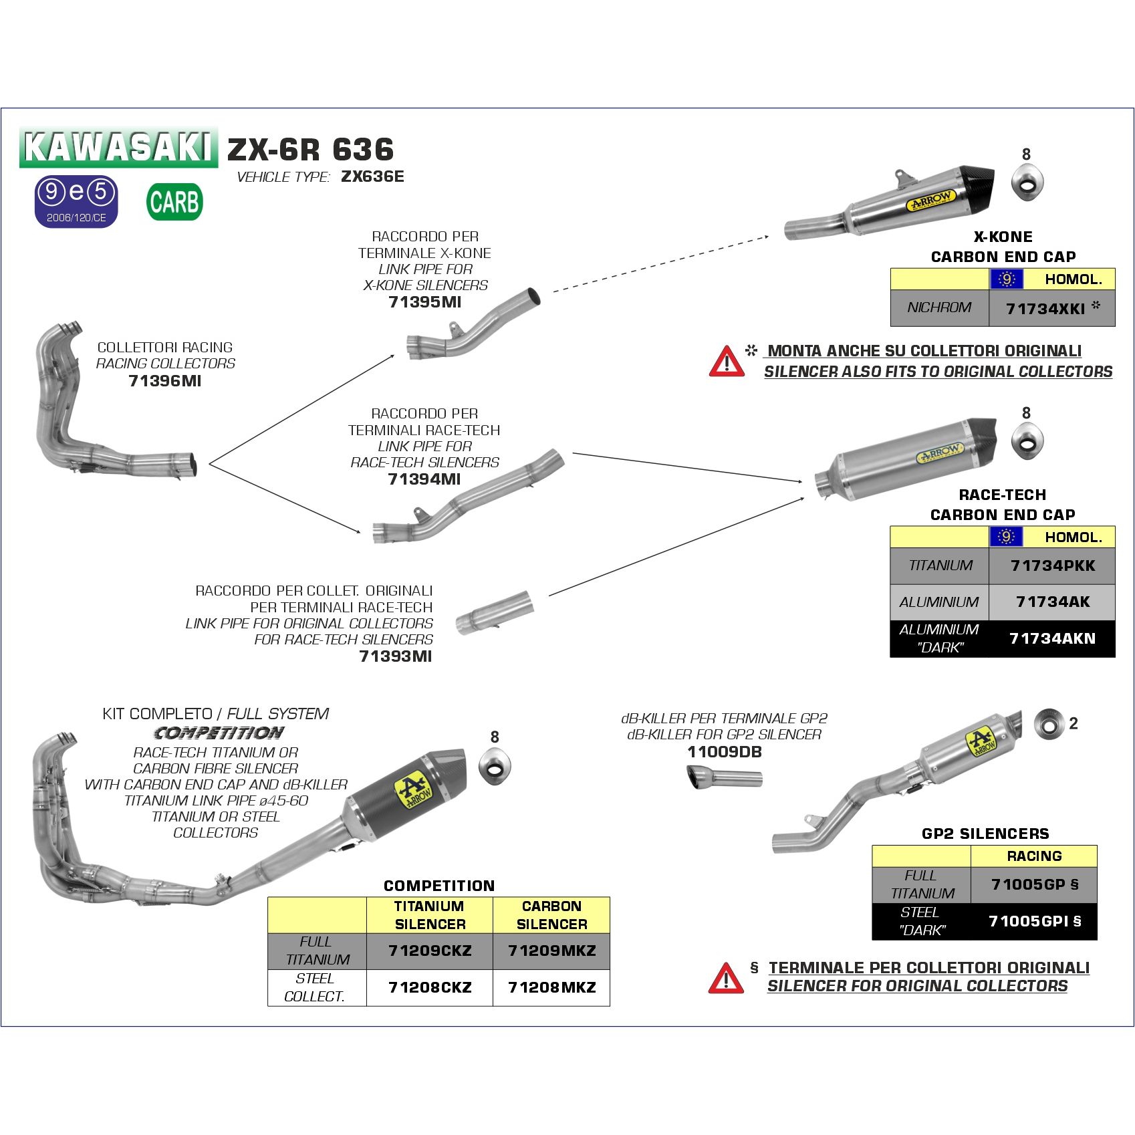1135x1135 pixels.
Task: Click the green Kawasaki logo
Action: tap(118, 147)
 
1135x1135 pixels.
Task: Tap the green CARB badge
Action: tap(174, 202)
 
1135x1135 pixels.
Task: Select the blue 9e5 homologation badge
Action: tap(76, 201)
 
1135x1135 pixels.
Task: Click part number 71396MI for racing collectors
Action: tap(164, 381)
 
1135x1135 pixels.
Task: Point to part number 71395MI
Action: tap(425, 302)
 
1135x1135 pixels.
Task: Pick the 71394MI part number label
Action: tap(424, 479)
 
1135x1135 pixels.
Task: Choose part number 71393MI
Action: tap(396, 656)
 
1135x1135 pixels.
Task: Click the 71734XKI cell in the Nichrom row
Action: tap(1051, 308)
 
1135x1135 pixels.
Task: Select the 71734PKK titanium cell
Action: tap(1052, 566)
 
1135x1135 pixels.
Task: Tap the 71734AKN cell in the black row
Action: tap(1052, 639)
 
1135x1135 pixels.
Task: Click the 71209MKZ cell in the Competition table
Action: tap(551, 951)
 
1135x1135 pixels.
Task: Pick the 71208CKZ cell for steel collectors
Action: tap(430, 988)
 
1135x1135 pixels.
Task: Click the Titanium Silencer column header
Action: tap(430, 915)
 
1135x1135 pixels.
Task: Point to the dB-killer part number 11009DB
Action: tap(724, 752)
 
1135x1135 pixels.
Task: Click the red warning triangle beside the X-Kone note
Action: tap(727, 362)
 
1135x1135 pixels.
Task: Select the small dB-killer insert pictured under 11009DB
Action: tap(724, 778)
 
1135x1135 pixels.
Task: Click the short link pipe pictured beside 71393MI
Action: tap(495, 612)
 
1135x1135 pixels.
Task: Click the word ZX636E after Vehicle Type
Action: tap(372, 176)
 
